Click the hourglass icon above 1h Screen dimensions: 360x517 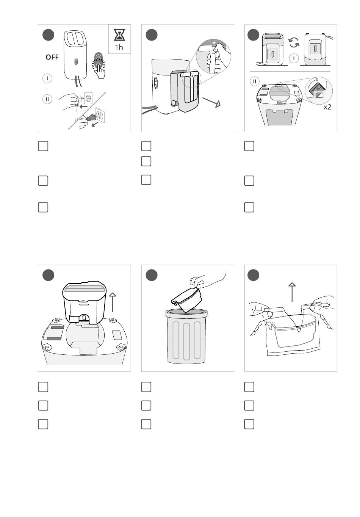[119, 35]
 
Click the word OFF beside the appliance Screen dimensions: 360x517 [52, 57]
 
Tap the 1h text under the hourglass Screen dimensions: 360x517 [119, 47]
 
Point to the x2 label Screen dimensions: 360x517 [327, 107]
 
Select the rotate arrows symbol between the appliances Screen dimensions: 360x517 [294, 43]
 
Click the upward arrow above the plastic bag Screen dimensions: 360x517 [292, 292]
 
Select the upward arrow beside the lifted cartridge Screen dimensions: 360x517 [113, 302]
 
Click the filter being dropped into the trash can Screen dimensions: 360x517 [187, 300]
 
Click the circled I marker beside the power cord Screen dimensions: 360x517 [47, 78]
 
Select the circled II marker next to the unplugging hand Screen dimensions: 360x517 [47, 99]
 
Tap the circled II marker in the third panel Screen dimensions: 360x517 [255, 81]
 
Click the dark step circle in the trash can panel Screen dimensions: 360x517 [152, 275]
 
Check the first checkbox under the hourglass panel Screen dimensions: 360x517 [43, 146]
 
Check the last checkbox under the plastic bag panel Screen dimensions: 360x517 [249, 424]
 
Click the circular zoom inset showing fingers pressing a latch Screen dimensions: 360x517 [213, 56]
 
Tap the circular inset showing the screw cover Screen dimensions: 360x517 [319, 91]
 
